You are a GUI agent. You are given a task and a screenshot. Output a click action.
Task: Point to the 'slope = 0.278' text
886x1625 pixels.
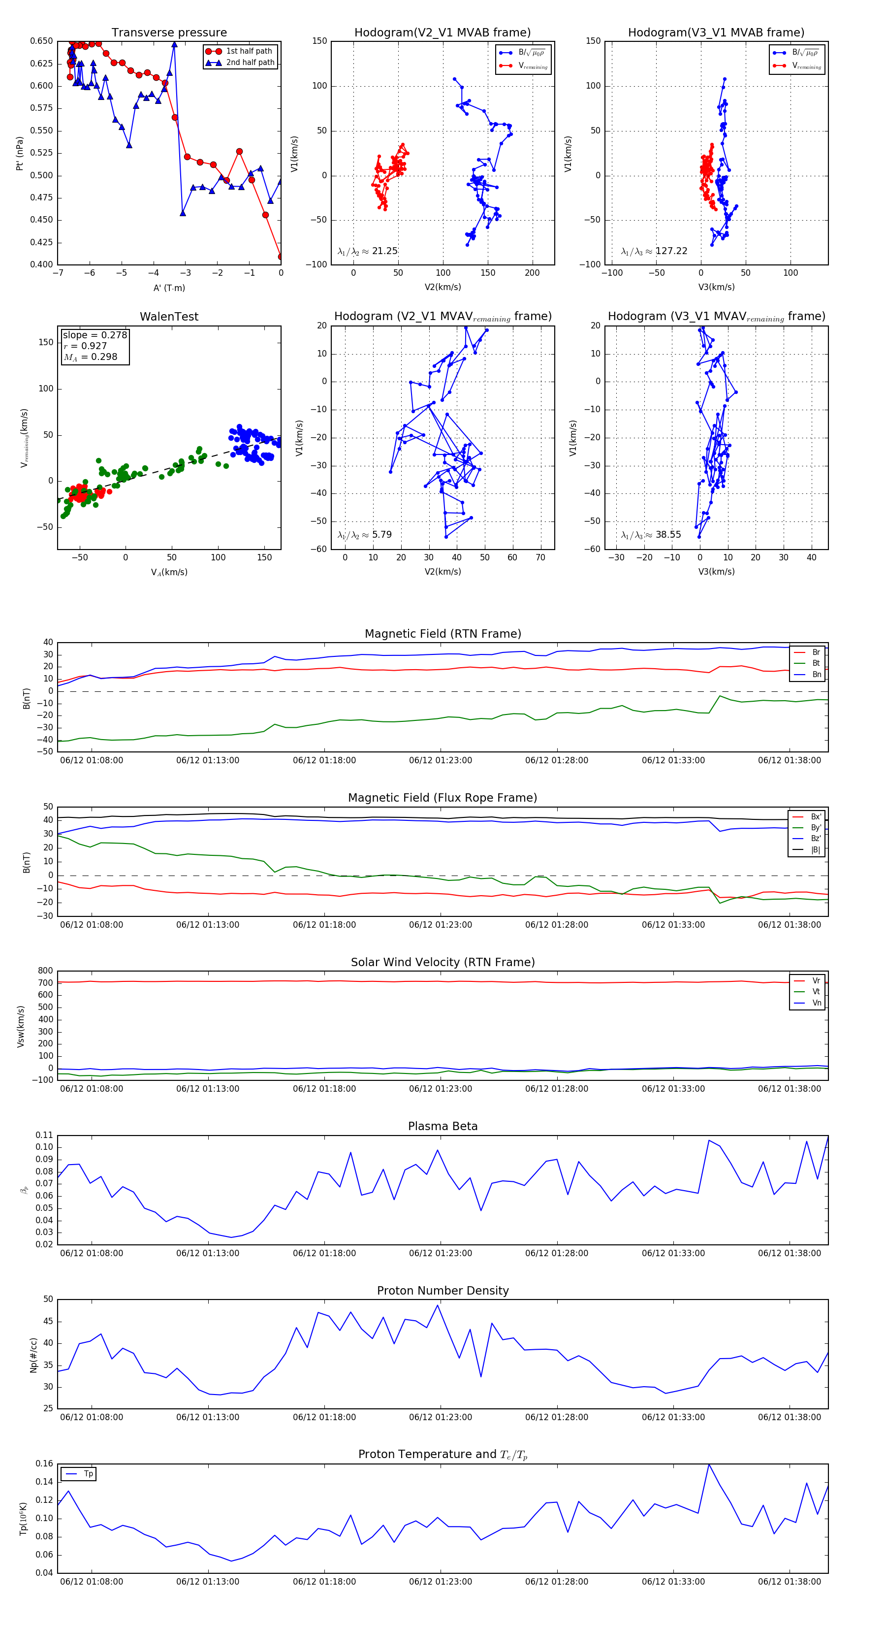pos(95,335)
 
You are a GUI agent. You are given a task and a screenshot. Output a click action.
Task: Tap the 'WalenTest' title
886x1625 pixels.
pos(169,317)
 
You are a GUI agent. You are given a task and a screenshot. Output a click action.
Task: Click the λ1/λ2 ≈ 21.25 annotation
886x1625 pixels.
pos(368,251)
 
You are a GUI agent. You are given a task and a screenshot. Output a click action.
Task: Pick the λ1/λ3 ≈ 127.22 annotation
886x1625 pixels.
pos(654,251)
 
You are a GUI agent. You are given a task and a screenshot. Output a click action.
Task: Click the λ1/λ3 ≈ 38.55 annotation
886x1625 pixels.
pos(651,535)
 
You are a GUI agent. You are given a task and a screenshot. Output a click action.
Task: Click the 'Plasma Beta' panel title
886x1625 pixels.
pos(443,1127)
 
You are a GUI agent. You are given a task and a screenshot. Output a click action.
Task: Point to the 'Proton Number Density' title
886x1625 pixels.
pos(443,1291)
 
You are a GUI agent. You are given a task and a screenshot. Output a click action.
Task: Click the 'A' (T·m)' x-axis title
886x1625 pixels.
pos(169,288)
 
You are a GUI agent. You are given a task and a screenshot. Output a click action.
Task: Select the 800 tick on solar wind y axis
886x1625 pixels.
pos(45,971)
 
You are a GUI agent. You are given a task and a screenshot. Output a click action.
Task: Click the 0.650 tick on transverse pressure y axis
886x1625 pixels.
pos(42,41)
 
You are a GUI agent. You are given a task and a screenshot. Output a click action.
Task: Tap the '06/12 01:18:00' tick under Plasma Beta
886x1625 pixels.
pos(324,1253)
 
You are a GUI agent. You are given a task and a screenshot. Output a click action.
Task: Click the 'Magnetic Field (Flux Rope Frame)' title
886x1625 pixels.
pos(443,798)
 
